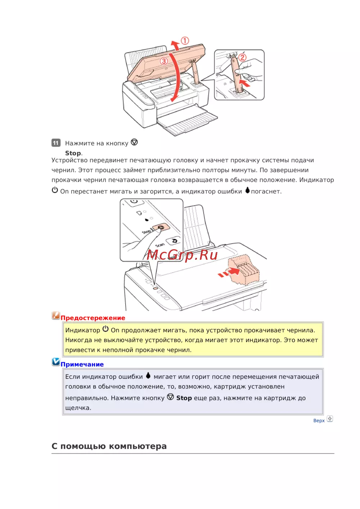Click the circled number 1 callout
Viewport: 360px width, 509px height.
[x=185, y=41]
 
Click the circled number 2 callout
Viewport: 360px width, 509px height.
[x=242, y=57]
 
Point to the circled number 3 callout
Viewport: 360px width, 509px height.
[x=164, y=61]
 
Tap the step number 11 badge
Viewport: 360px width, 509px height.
[x=56, y=143]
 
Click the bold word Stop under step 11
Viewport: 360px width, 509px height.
[x=73, y=153]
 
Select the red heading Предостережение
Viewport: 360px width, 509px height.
[x=93, y=318]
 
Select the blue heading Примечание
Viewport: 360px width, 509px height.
[x=82, y=364]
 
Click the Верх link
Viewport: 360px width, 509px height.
[x=319, y=421]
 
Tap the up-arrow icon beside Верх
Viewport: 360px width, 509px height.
[x=330, y=419]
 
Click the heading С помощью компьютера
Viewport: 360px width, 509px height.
[x=109, y=446]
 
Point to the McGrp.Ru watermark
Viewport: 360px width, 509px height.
[x=182, y=255]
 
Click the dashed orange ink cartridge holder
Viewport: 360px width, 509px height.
[x=244, y=270]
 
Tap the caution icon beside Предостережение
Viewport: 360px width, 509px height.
[x=56, y=315]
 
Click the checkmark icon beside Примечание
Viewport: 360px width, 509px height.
[x=56, y=362]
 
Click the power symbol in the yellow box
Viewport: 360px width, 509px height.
[x=105, y=329]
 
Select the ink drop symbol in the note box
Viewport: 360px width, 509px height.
[x=148, y=376]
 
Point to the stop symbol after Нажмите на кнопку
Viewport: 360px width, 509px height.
[x=134, y=142]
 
